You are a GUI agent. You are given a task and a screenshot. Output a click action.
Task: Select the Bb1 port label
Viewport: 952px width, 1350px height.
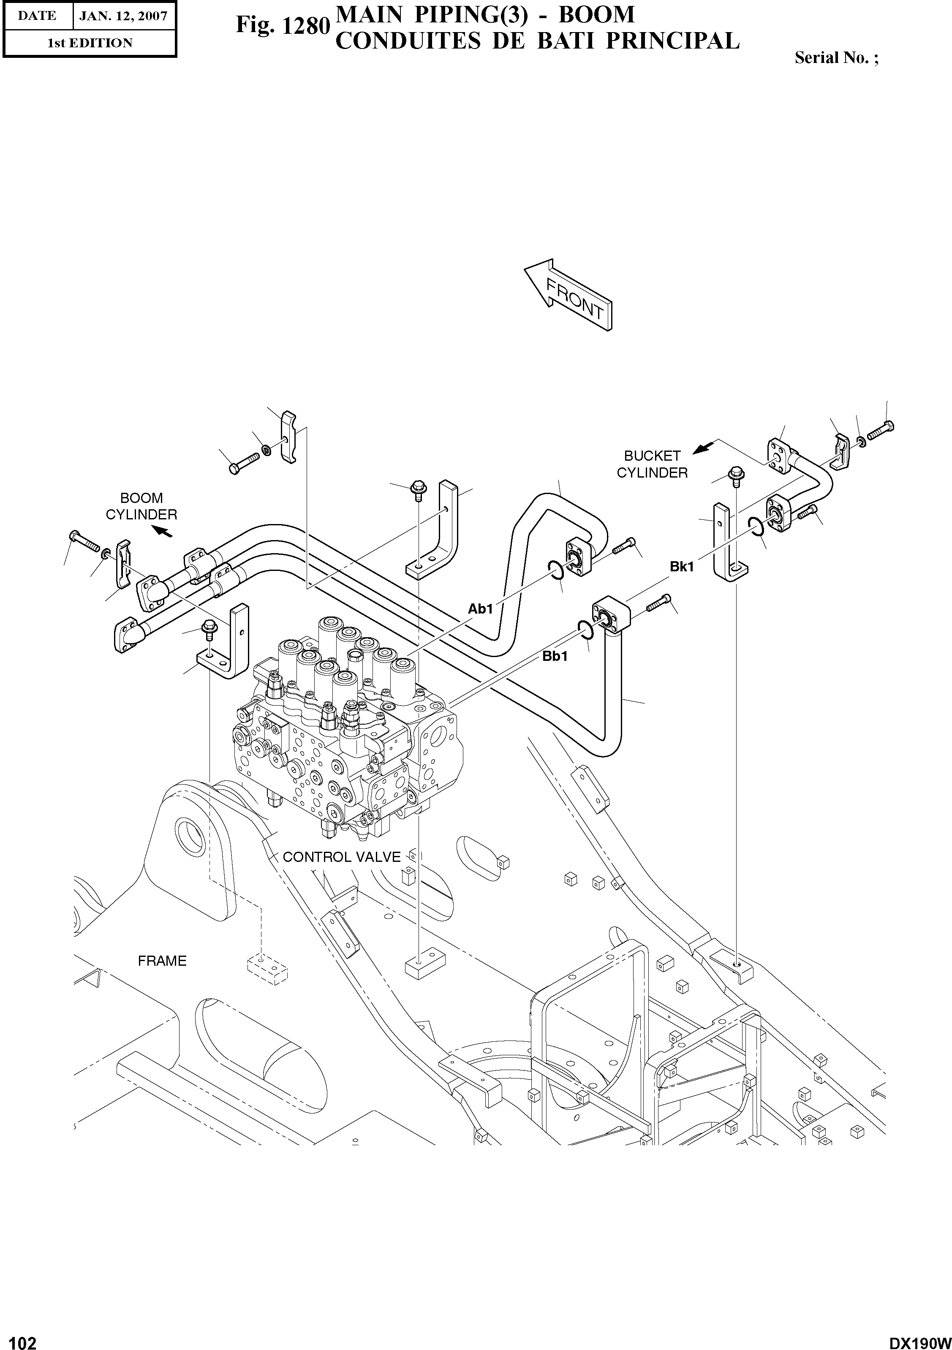pyautogui.click(x=555, y=656)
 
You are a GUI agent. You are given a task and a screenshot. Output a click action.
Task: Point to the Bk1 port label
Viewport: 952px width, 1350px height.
pyautogui.click(x=682, y=567)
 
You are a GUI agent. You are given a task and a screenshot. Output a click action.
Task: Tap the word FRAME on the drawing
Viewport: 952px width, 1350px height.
pyautogui.click(x=162, y=961)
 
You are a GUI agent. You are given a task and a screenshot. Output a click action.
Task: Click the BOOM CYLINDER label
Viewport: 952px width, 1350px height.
pyautogui.click(x=141, y=506)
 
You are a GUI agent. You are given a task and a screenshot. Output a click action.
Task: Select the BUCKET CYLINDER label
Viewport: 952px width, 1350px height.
pyautogui.click(x=652, y=464)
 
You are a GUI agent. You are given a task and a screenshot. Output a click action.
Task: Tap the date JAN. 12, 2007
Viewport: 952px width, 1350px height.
pyautogui.click(x=123, y=16)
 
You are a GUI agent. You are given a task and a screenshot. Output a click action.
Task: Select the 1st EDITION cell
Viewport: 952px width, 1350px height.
pyautogui.click(x=90, y=43)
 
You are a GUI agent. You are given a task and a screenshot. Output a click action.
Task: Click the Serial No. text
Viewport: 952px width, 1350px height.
pyautogui.click(x=835, y=57)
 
